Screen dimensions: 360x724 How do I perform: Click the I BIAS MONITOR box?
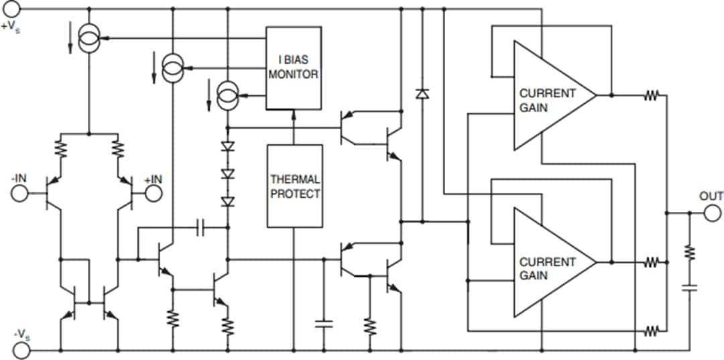tap(294, 68)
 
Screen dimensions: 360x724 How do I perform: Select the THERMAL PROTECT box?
tap(295, 186)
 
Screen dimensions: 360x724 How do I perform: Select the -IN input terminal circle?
tap(20, 193)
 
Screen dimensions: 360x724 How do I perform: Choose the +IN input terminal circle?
tap(154, 193)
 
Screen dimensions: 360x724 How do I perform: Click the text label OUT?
tap(711, 196)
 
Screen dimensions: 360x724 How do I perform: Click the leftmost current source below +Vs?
tap(88, 38)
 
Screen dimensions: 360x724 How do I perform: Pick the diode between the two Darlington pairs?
tap(422, 94)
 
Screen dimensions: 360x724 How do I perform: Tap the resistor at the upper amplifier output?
tap(651, 96)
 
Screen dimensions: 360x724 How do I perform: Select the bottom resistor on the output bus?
tap(651, 331)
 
